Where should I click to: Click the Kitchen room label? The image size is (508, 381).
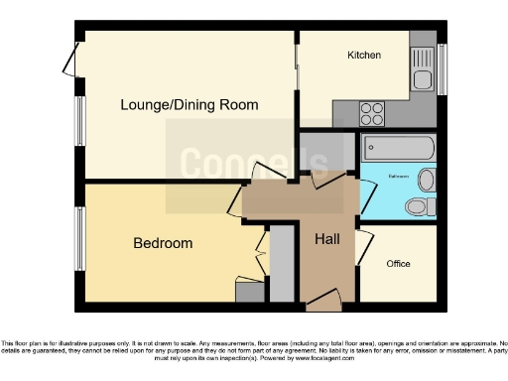click(363, 56)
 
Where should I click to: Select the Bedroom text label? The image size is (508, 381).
click(163, 243)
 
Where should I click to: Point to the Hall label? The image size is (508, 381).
click(327, 240)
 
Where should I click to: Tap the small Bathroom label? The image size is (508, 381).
click(398, 177)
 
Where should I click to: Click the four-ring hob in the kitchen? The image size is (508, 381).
click(373, 110)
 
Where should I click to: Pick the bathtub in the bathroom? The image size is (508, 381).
click(398, 150)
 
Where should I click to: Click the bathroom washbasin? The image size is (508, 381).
click(426, 181)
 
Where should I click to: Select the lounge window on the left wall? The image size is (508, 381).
click(78, 126)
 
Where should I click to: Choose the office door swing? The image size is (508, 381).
click(365, 244)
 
